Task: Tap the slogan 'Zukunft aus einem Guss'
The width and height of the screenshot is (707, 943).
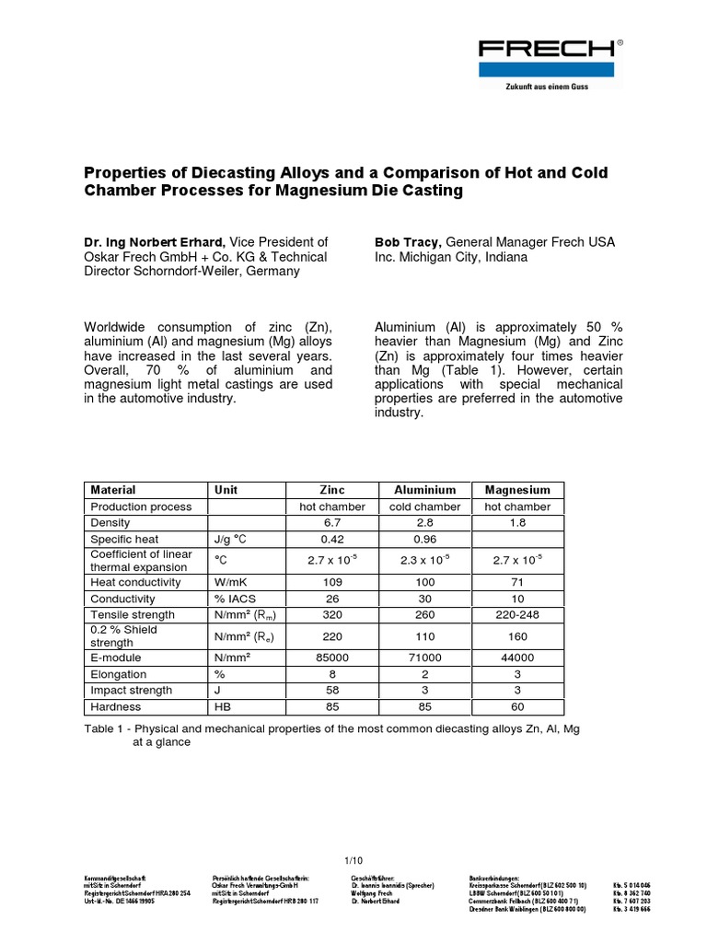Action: (x=546, y=87)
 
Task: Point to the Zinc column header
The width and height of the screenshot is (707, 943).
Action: (x=331, y=490)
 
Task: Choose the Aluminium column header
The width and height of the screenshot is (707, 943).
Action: (x=424, y=490)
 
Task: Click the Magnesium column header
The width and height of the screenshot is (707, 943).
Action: (x=517, y=490)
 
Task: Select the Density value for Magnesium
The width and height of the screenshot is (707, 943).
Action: (x=517, y=522)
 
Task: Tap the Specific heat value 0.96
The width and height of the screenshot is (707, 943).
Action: (x=424, y=538)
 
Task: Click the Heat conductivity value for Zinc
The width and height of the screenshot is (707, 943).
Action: (x=331, y=582)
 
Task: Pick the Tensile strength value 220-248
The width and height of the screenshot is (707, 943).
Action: (x=517, y=614)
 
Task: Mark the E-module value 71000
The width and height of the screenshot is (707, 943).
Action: (x=424, y=658)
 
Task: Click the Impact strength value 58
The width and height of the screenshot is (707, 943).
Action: (x=331, y=690)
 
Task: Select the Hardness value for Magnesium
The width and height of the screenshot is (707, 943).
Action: (x=517, y=706)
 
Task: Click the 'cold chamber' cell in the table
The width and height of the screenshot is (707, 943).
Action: (x=424, y=506)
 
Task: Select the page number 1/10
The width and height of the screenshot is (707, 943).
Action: (x=353, y=861)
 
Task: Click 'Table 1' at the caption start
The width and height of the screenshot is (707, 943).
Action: (x=106, y=728)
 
